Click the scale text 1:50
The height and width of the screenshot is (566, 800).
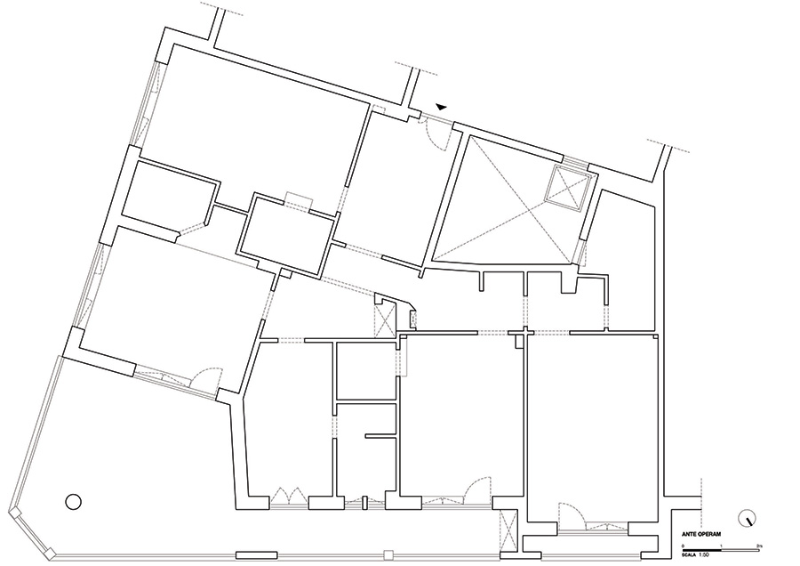[x=705, y=554]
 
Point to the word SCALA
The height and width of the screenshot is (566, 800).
[x=687, y=554]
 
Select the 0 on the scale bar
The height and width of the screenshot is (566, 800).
[x=684, y=543]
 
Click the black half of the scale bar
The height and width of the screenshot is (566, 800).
[x=703, y=548]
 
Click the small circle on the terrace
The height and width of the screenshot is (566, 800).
[x=73, y=501]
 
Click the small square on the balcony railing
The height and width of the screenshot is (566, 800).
[x=387, y=555]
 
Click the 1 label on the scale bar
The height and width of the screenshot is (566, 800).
[x=722, y=543]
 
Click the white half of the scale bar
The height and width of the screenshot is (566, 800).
[x=742, y=548]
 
